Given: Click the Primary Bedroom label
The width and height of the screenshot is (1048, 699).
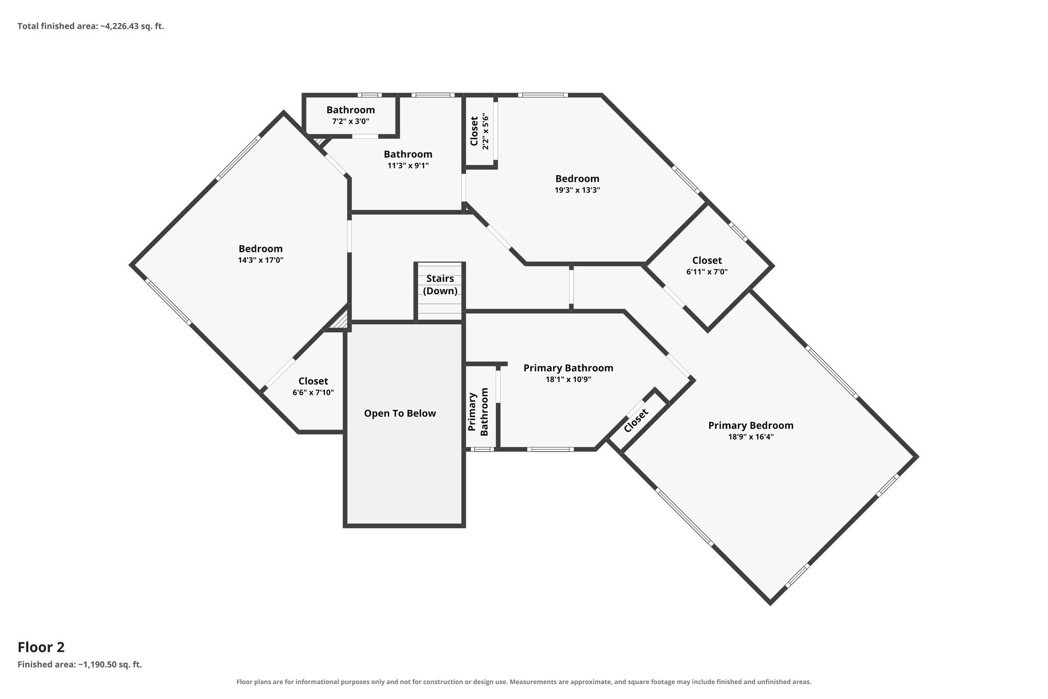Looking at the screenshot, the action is [751, 426].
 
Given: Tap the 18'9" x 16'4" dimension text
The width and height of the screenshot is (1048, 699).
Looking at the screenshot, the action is [751, 437].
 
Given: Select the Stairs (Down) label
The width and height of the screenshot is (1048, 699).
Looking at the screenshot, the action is [440, 285].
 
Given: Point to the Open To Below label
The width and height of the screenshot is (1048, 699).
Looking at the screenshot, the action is [400, 413].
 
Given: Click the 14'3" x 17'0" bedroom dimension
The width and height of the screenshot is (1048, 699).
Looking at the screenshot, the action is [260, 260].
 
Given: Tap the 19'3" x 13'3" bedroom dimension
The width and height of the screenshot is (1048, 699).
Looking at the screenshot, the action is [577, 189].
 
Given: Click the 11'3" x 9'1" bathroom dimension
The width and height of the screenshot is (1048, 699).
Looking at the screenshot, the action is [408, 165].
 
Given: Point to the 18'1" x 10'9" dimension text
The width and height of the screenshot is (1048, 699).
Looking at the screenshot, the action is [569, 379].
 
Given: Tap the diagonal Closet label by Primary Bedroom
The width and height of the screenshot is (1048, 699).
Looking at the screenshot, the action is [636, 420].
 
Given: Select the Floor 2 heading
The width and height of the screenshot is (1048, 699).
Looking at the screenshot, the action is [41, 647].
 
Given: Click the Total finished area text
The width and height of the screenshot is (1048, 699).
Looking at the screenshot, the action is [91, 26].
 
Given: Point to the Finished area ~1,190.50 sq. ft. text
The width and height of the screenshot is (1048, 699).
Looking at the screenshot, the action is [80, 665].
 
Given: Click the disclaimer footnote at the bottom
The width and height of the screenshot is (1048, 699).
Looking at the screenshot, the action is [524, 682].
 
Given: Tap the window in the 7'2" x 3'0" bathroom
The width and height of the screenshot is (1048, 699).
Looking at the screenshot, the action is [369, 95].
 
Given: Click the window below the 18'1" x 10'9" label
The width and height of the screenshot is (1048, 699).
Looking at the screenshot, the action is [550, 450].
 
